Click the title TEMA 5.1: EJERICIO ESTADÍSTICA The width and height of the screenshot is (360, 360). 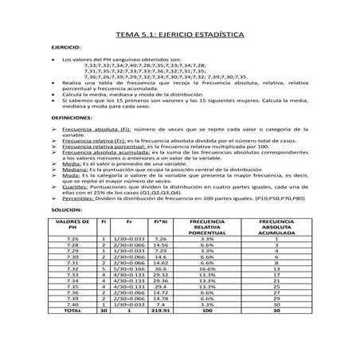point(180,37)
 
